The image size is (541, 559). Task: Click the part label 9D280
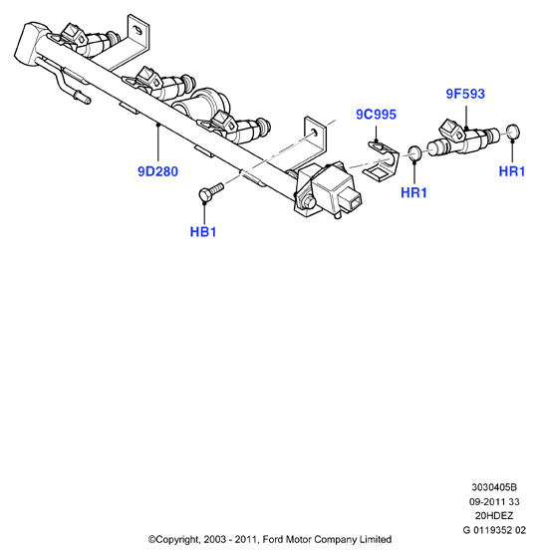pyautogui.click(x=157, y=171)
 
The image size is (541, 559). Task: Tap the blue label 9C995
pyautogui.click(x=376, y=115)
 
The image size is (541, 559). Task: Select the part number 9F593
pyautogui.click(x=465, y=94)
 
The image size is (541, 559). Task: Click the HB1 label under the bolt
pyautogui.click(x=203, y=232)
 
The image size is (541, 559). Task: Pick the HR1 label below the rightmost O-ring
pyautogui.click(x=512, y=171)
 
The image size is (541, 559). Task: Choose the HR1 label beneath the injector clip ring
pyautogui.click(x=413, y=192)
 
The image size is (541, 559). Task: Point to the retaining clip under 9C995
pyautogui.click(x=381, y=159)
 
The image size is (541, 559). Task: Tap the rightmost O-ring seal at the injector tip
pyautogui.click(x=513, y=133)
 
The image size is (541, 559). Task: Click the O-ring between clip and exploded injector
pyautogui.click(x=414, y=152)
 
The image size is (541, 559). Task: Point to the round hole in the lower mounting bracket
pyautogui.click(x=314, y=133)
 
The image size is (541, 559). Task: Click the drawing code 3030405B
pyautogui.click(x=494, y=487)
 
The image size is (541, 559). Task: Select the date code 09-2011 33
pyautogui.click(x=494, y=502)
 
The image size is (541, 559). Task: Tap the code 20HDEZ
pyautogui.click(x=494, y=516)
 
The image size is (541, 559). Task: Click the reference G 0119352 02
pyautogui.click(x=494, y=530)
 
